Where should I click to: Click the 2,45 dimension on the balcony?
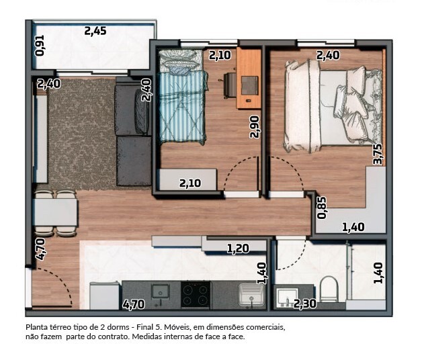pos(95,31)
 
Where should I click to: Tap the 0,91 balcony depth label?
pos(40,46)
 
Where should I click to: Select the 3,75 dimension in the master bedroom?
pos(378,154)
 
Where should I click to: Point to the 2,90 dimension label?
pos(255,127)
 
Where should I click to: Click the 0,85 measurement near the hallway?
pos(322,208)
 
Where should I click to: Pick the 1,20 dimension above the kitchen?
pos(238,249)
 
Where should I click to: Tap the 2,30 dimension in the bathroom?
pos(305,304)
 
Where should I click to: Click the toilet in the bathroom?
pos(329,289)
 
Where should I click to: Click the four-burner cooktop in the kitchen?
pos(196,294)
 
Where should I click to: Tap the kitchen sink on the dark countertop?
pos(161,292)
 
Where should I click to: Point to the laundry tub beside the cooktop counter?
pos(251,295)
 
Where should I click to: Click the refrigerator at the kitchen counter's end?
pos(104,296)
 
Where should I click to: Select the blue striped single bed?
pos(182,97)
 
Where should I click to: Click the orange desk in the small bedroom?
pos(249,78)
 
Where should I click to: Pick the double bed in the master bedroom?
pos(333,106)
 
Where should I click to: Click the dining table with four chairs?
pos(55,213)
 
